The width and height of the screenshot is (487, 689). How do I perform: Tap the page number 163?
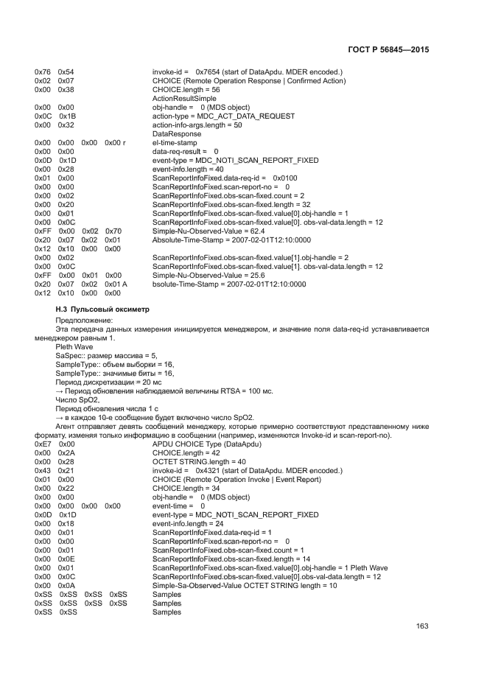click(422, 626)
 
